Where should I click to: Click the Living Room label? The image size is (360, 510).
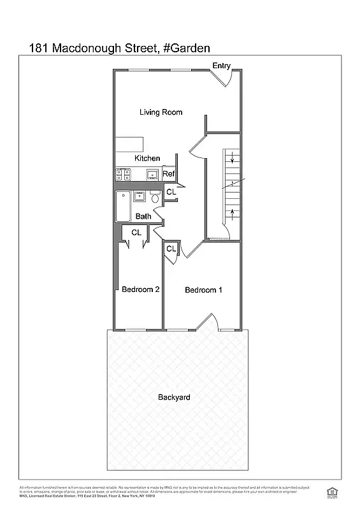pos(161,112)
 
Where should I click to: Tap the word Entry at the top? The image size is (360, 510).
pos(221,66)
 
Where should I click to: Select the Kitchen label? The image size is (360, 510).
pos(147,158)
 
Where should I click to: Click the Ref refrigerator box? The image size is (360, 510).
pos(169,174)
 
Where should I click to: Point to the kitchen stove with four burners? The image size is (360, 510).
pos(122,173)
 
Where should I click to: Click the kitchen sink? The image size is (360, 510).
pos(152,173)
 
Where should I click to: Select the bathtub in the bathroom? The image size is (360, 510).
pos(122,207)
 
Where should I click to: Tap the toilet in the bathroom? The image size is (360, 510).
pos(155,198)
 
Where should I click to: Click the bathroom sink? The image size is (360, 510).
pos(138,196)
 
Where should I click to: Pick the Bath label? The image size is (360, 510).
pos(143,216)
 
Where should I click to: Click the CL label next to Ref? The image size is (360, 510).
pos(171,192)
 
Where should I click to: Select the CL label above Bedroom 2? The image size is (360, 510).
pos(136,233)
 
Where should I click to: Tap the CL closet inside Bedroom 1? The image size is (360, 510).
pos(171,249)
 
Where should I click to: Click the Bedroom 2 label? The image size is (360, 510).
pos(140,289)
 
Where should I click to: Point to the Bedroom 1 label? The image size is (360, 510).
pos(203,290)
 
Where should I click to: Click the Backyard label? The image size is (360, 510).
pos(174,398)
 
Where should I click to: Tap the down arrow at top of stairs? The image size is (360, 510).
pos(233,159)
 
